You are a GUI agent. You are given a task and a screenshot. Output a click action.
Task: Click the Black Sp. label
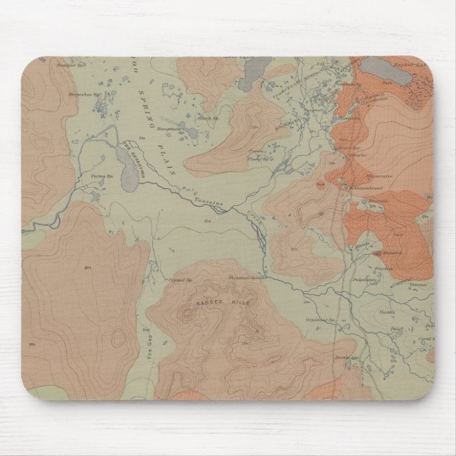(x=206, y=118)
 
